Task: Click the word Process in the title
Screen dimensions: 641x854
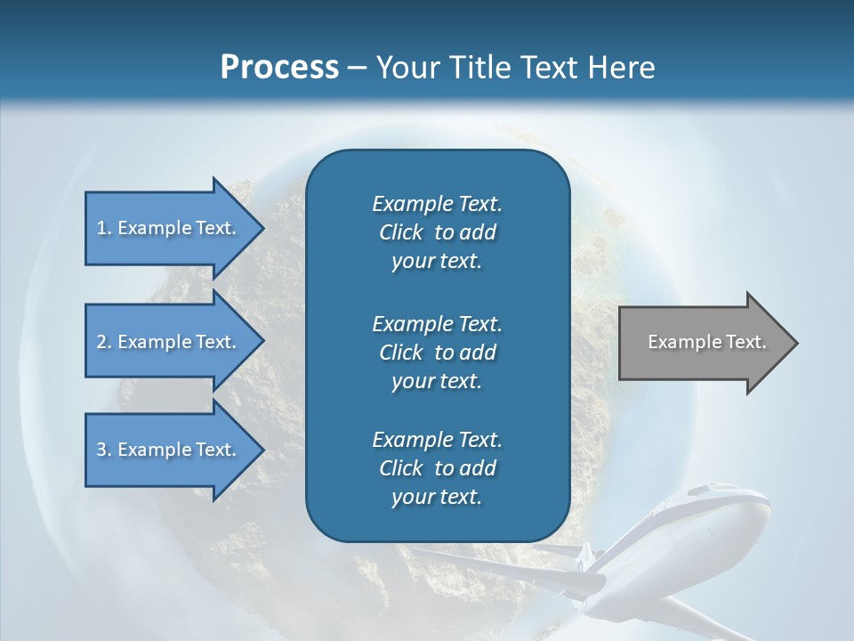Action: click(279, 68)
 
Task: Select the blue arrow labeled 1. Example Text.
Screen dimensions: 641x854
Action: click(169, 228)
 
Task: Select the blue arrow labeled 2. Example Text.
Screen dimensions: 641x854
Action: click(169, 342)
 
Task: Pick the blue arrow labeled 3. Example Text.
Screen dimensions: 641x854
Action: click(169, 450)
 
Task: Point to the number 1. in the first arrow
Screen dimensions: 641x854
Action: click(104, 228)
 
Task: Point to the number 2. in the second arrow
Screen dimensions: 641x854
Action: click(104, 342)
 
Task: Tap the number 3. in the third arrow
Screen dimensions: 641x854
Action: click(104, 450)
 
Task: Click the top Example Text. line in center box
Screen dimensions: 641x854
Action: click(437, 204)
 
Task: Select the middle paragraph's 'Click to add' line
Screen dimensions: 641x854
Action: click(437, 353)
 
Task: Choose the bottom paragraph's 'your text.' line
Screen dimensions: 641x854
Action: click(437, 498)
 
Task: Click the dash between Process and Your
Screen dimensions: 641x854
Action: click(358, 68)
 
